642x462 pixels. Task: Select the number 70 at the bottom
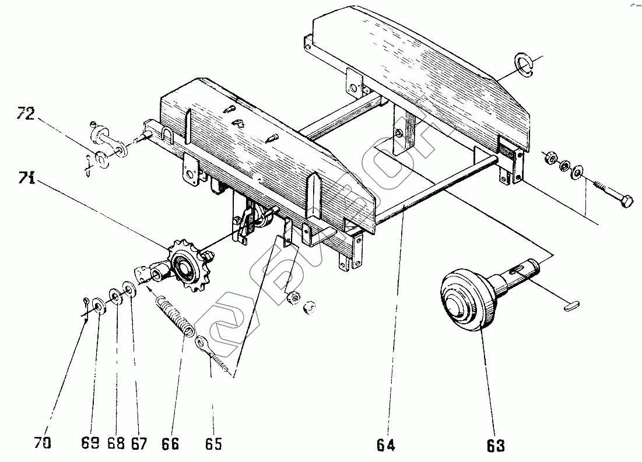[x=43, y=443]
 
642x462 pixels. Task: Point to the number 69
[x=90, y=443]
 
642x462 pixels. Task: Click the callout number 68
[x=117, y=443]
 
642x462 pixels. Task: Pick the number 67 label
[x=139, y=443]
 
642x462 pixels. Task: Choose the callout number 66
[x=170, y=443]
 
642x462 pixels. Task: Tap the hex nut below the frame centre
[x=293, y=297]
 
